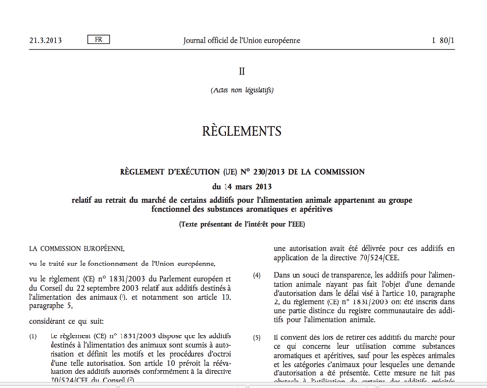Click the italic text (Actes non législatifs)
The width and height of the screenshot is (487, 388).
242,92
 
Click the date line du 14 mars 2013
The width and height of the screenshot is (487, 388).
242,186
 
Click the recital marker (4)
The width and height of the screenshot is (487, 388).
257,276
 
